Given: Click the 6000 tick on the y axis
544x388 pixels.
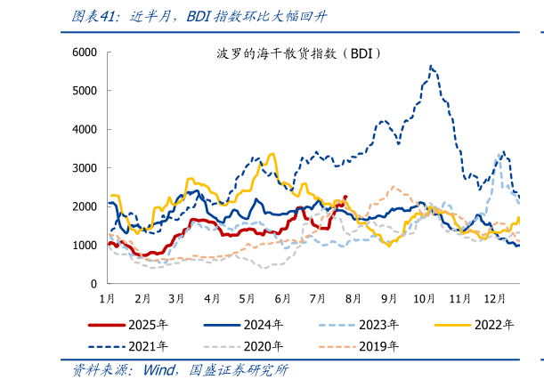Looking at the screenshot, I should (85, 53).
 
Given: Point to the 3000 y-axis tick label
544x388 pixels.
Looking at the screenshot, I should (85, 168).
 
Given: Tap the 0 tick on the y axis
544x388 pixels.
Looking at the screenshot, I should (93, 284).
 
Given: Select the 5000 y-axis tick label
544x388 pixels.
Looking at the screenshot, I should (85, 91).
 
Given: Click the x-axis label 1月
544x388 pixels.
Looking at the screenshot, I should (107, 298).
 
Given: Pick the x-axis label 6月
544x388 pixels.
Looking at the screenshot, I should (283, 298).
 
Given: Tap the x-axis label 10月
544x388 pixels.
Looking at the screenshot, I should (424, 298).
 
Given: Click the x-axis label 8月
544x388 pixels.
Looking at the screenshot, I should (353, 298).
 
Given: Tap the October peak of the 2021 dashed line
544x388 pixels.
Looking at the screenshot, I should (431, 65).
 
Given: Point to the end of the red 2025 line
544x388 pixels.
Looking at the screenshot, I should (346, 197).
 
